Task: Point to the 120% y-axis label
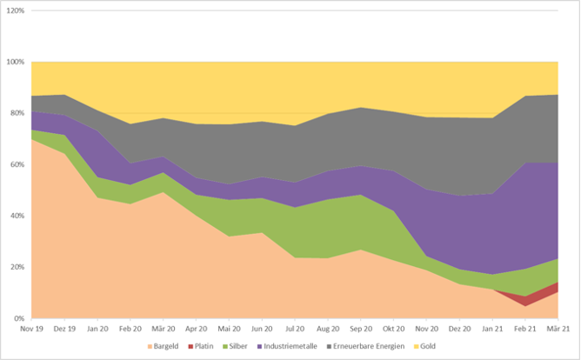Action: [16, 11]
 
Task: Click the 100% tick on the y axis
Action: [16, 63]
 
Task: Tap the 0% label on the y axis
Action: [20, 318]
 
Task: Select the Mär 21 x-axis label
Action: [557, 330]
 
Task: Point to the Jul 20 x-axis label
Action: [294, 330]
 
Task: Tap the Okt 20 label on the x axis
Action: [392, 330]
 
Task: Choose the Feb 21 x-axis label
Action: [524, 330]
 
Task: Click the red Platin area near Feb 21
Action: [524, 298]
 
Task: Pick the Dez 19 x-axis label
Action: [63, 330]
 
